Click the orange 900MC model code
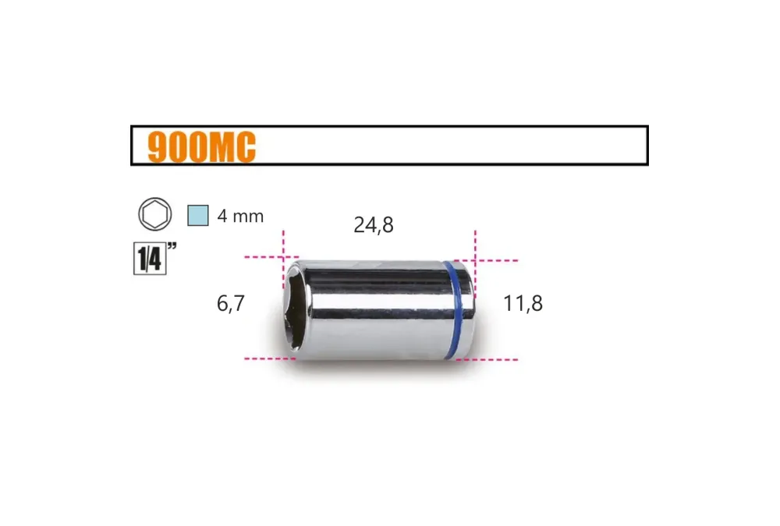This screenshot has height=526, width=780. [x=201, y=147]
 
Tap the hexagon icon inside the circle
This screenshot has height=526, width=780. [x=155, y=214]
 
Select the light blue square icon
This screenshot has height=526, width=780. [x=198, y=215]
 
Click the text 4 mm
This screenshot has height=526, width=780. [x=240, y=217]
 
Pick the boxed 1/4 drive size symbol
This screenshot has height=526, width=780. [x=150, y=259]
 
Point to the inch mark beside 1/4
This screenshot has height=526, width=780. [x=172, y=245]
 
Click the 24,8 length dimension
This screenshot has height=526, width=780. [x=374, y=224]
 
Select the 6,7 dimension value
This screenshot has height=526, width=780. [x=231, y=303]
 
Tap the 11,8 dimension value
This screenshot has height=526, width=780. [x=523, y=303]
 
